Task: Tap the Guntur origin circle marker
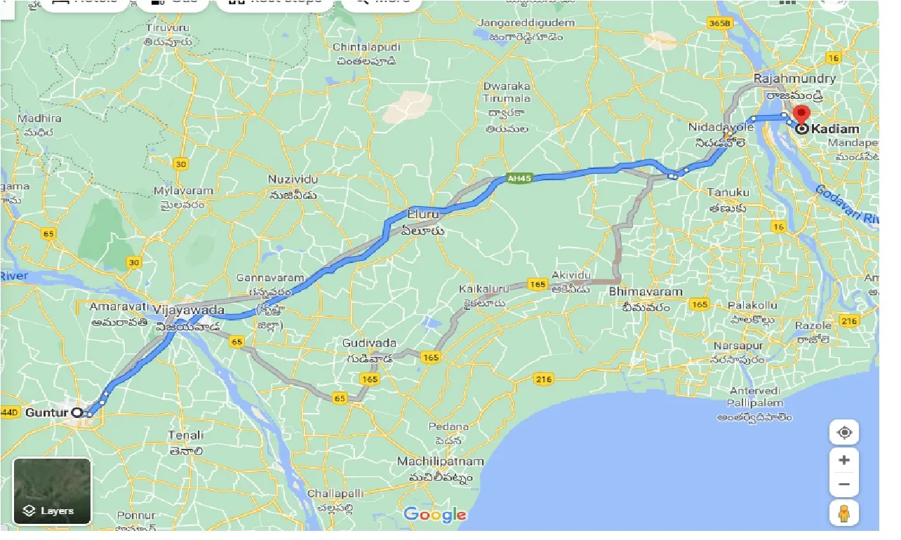[x=77, y=413]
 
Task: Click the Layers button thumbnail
[x=52, y=491]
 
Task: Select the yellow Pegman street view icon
[x=843, y=513]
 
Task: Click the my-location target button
[x=843, y=433]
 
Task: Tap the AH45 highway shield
[x=520, y=179]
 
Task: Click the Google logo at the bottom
[x=435, y=515]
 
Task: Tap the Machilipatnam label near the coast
[x=441, y=461]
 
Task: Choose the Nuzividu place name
[x=293, y=180]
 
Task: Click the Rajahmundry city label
[x=794, y=78]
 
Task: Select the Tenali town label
[x=186, y=436]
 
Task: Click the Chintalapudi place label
[x=366, y=47]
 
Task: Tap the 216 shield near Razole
[x=849, y=321]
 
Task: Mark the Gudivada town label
[x=369, y=344]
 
